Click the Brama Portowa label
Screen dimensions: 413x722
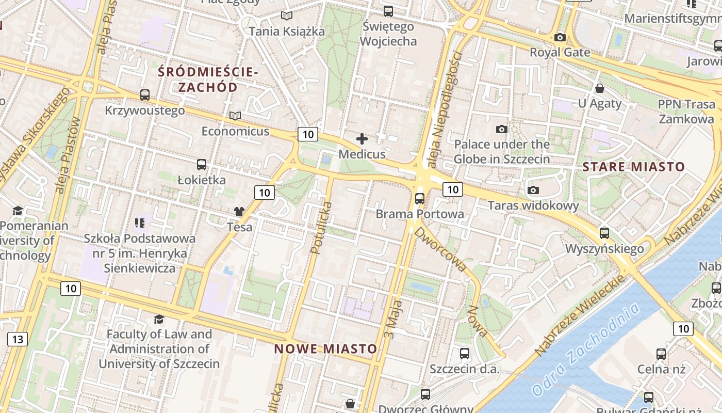coord(419,214)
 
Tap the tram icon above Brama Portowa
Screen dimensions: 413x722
coord(420,198)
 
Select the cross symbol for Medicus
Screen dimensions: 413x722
coord(362,139)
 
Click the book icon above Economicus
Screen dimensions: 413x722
coord(235,116)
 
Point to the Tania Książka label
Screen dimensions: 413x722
coord(287,31)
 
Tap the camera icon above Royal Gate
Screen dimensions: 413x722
coord(560,38)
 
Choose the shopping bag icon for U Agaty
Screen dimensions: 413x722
coord(599,88)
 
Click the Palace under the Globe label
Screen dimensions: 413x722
coord(501,151)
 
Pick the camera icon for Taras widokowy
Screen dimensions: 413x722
coord(533,190)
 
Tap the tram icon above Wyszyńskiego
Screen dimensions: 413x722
coord(604,233)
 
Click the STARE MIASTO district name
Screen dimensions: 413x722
coord(634,167)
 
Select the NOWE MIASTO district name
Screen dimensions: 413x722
coord(325,348)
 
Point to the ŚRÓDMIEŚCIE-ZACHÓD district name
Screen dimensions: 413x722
coord(208,79)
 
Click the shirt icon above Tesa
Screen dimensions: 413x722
coord(239,212)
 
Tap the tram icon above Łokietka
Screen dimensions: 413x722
coord(202,165)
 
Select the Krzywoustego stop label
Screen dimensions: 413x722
coord(145,110)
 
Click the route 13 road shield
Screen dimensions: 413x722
coord(18,339)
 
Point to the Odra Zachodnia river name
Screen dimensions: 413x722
coord(586,350)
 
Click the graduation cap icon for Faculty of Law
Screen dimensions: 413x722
coord(159,320)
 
